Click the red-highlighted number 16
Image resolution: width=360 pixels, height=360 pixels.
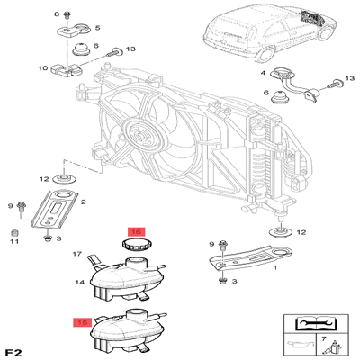(x=135, y=232)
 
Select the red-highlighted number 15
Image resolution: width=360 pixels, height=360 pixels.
(x=82, y=319)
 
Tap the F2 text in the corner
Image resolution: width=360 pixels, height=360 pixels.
(x=13, y=350)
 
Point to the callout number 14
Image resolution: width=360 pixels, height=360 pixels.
(x=79, y=283)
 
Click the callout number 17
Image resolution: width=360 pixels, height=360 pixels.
(x=78, y=255)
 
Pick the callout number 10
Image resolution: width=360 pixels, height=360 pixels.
(x=42, y=67)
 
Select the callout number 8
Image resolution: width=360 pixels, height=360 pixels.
(x=56, y=14)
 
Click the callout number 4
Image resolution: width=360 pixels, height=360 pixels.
(x=263, y=72)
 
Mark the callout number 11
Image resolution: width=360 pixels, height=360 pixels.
(x=14, y=240)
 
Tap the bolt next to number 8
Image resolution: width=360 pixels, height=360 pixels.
(x=67, y=15)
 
